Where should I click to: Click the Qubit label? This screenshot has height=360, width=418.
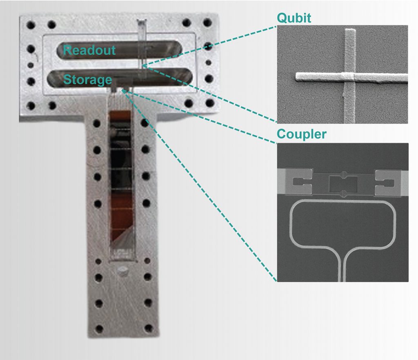(x=294, y=18)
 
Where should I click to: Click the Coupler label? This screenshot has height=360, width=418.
(x=302, y=134)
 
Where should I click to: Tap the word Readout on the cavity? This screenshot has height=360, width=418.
(x=89, y=50)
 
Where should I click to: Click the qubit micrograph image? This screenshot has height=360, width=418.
(x=342, y=74)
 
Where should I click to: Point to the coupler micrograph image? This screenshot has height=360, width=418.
(x=342, y=212)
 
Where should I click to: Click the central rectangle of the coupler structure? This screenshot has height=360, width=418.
(x=343, y=183)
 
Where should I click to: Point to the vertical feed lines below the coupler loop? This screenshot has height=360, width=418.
(x=343, y=266)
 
